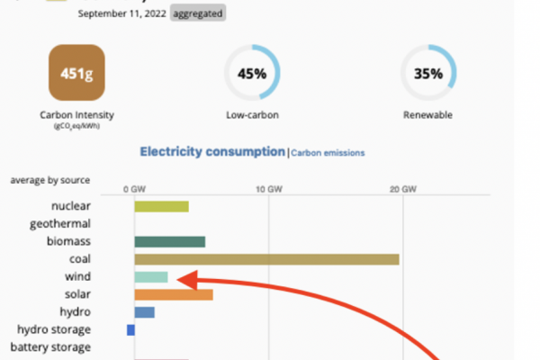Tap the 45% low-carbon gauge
252,75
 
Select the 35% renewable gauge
427,75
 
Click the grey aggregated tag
197,13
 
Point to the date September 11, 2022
121,13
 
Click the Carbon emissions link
328,153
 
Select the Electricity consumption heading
211,152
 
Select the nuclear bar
162,206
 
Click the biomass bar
170,241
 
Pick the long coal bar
266,259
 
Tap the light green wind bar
151,276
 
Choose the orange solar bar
174,294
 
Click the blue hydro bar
145,312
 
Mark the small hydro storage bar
131,330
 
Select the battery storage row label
50,347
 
